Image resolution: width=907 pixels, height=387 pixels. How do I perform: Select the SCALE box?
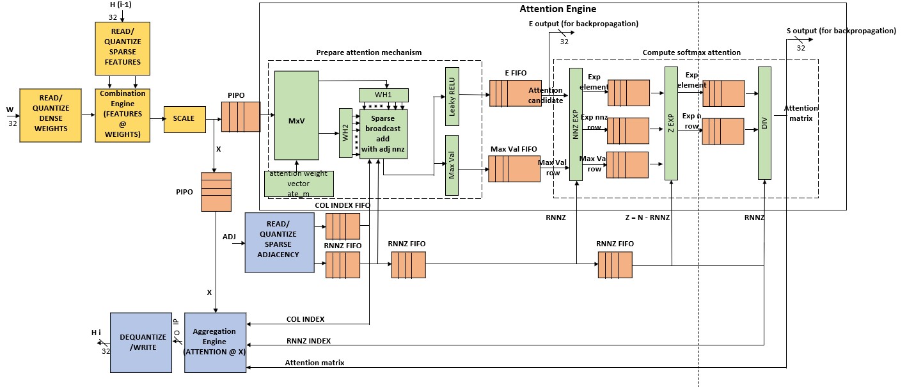[184, 120]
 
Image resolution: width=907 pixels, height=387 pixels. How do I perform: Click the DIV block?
[764, 123]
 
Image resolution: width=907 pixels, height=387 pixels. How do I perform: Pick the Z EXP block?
[671, 123]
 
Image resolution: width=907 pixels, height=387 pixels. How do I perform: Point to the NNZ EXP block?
[576, 124]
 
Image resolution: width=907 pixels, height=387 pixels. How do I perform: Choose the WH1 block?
[383, 95]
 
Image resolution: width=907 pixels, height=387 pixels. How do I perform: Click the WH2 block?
[346, 132]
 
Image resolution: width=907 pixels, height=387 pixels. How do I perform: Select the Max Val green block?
[452, 165]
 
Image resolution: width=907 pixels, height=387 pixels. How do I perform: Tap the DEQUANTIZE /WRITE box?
[141, 342]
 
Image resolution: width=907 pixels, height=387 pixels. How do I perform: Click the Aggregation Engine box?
[215, 342]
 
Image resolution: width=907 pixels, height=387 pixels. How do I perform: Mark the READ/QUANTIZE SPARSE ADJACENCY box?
[280, 242]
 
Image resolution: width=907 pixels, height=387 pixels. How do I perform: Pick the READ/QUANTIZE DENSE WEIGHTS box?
[51, 115]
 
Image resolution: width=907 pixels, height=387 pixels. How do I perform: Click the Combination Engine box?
[122, 115]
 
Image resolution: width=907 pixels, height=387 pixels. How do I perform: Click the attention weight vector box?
[299, 184]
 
